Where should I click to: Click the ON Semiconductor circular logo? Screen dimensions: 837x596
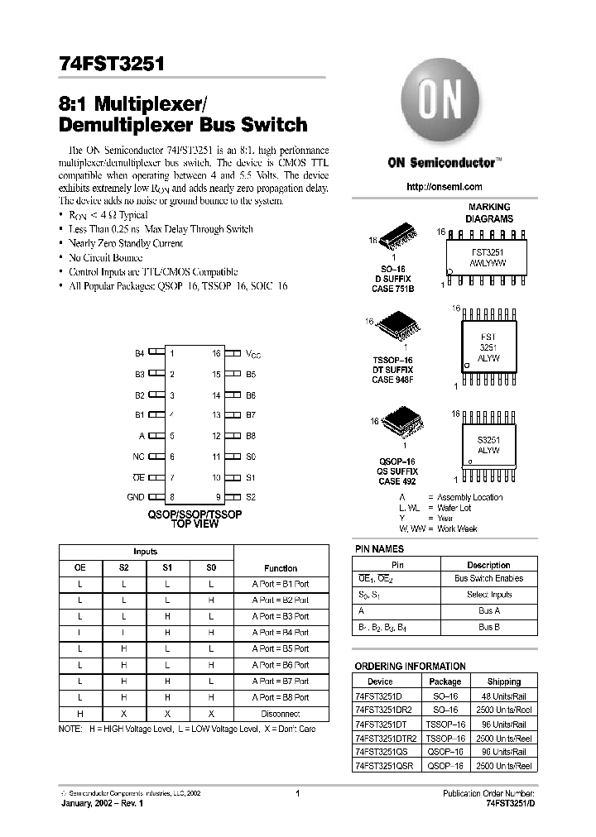[x=437, y=103]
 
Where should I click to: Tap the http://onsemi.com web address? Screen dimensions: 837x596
[x=445, y=187]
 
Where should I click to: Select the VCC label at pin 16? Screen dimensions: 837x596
[x=252, y=353]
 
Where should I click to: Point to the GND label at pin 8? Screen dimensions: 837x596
[x=136, y=497]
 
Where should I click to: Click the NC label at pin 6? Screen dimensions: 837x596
[x=138, y=456]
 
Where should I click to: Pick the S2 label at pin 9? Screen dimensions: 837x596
[x=251, y=497]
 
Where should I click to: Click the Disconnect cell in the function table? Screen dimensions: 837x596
[x=281, y=713]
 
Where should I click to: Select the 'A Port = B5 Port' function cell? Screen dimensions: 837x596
[x=281, y=648]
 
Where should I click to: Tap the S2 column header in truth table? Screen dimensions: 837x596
[x=123, y=568]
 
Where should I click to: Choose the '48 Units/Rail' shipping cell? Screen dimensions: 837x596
[x=503, y=697]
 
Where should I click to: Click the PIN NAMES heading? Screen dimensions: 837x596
[x=379, y=548]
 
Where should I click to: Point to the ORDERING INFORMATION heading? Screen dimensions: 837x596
[x=410, y=666]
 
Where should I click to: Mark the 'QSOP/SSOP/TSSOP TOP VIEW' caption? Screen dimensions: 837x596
[x=195, y=519]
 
